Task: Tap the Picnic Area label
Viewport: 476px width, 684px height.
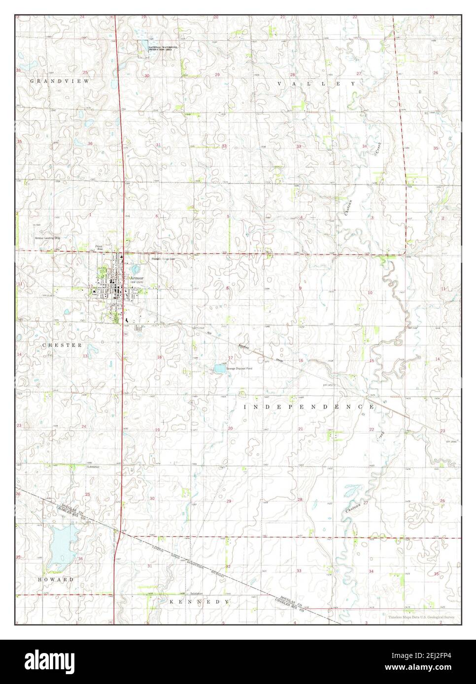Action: (x=100, y=248)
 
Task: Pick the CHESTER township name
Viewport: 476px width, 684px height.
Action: (x=62, y=345)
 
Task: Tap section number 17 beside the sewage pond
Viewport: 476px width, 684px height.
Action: (x=230, y=358)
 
